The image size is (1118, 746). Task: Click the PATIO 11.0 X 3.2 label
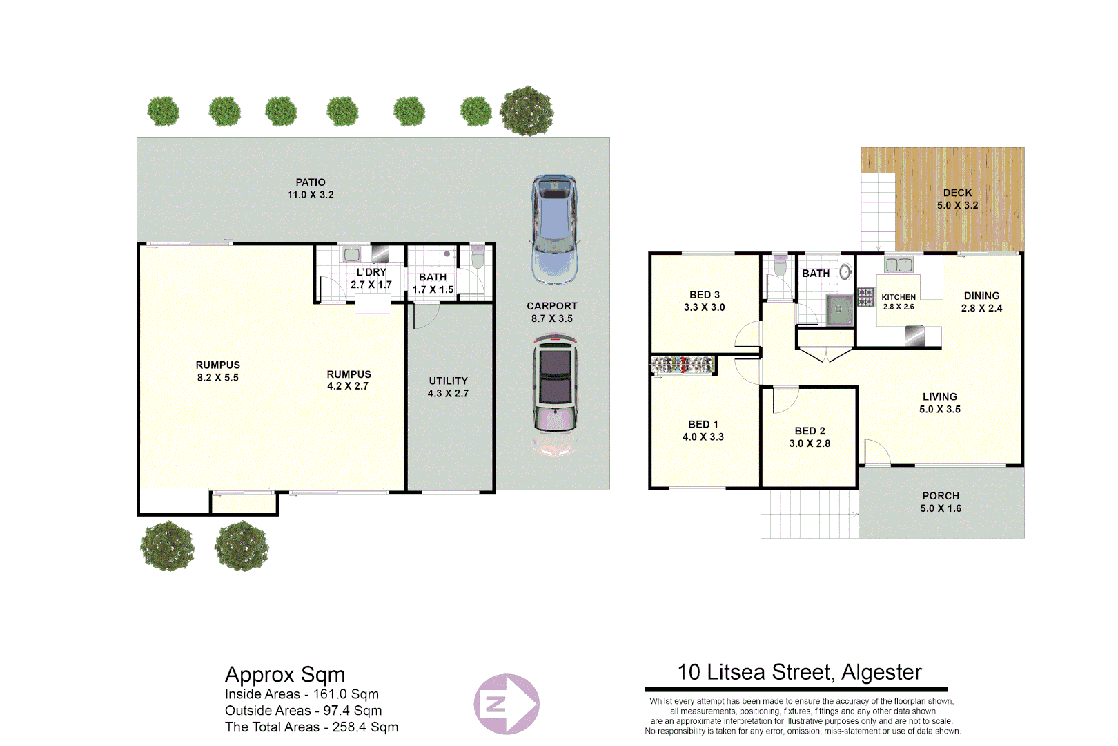coord(311,189)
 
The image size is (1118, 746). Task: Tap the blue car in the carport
coord(554,229)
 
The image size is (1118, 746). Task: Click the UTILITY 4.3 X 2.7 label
coord(448,387)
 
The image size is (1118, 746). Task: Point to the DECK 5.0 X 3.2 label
coord(957,199)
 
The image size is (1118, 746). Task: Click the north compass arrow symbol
coord(507,704)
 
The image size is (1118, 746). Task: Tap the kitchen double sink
coord(899,265)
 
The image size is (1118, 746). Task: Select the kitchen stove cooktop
coord(865,296)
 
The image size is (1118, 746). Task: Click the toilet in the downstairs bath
coord(478,258)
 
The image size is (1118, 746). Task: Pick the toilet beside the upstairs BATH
coord(780,265)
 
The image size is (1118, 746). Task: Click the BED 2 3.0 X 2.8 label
coord(810,437)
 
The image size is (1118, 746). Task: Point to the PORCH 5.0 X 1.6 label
coord(941,502)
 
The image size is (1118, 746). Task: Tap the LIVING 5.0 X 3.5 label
coord(939,403)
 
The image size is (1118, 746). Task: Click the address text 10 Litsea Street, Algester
coord(799,672)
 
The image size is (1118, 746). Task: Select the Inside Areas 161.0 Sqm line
coord(302,694)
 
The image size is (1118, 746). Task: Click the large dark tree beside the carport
coord(527,111)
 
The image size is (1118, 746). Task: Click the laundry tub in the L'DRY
coord(351,254)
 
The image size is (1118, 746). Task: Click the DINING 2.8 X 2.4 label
coord(981,302)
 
